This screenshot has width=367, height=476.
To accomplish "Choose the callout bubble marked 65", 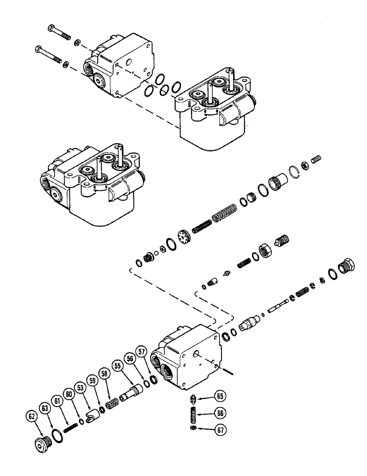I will click(220, 395).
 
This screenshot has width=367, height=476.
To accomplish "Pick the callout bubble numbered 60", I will click(69, 395).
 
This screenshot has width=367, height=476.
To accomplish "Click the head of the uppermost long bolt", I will click(52, 28).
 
